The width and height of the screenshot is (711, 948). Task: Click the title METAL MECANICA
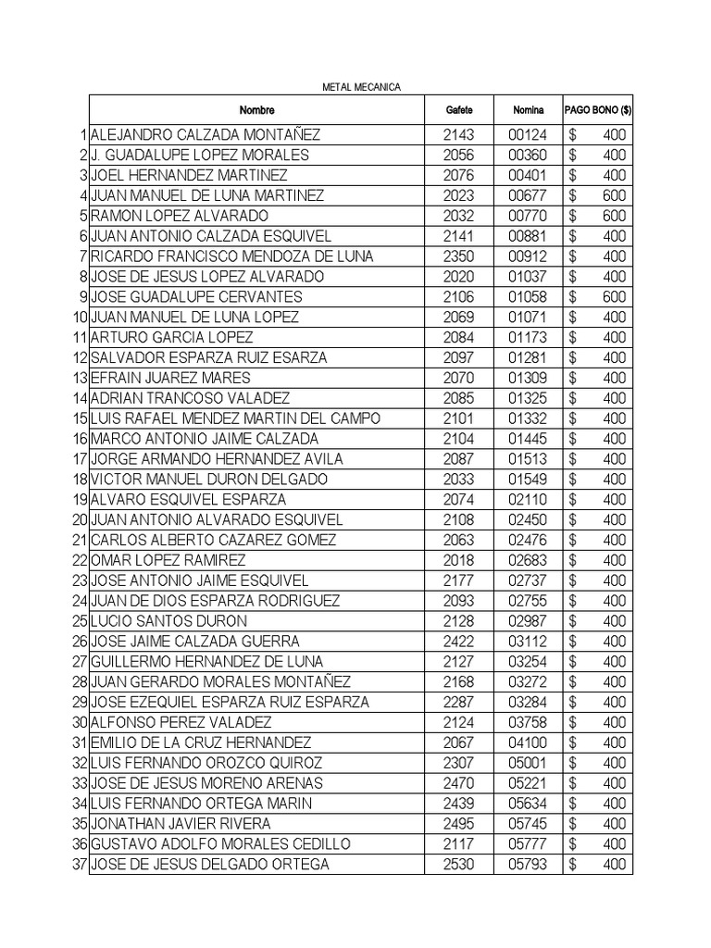360,87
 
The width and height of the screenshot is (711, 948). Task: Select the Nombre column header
256,110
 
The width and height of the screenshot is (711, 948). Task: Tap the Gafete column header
458,110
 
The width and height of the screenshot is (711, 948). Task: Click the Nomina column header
529,110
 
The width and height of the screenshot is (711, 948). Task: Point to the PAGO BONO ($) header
598,110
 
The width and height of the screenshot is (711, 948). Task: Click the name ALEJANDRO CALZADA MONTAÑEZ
206,135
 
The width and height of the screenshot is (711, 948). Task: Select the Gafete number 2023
458,195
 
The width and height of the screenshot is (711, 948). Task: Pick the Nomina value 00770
528,216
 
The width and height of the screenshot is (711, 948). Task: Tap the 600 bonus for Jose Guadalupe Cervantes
614,297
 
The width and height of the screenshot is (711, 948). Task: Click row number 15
80,418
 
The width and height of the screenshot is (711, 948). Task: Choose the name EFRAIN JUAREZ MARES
170,378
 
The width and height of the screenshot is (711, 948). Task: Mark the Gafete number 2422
458,642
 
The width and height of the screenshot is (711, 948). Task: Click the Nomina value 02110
528,500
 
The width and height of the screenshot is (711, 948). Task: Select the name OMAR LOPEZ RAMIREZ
168,560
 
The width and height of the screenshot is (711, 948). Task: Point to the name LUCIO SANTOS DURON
168,621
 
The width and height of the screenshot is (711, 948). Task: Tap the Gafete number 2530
458,865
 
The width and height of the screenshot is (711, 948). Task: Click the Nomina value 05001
528,763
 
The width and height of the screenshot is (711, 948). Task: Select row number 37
80,865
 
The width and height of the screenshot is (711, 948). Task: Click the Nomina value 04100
528,742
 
